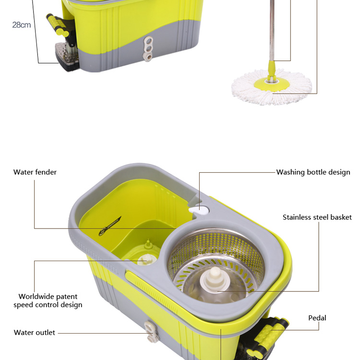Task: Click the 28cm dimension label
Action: point(22,25)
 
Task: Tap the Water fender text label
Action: point(35,172)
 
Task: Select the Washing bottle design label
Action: point(313,172)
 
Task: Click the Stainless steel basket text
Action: point(317,217)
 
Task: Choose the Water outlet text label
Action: point(35,333)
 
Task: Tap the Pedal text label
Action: point(317,318)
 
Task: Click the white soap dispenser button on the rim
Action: point(201,210)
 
